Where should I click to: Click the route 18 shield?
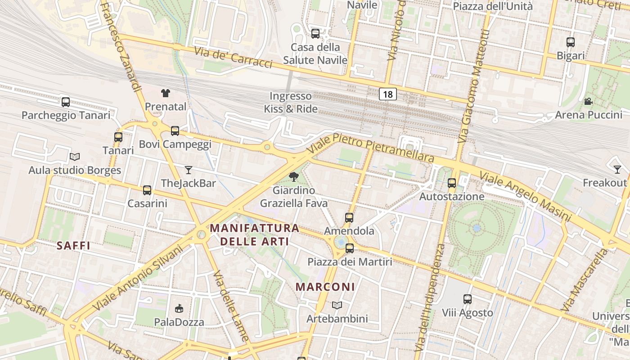[388, 94]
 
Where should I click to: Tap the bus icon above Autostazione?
[452, 183]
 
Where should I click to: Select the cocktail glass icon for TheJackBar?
[189, 170]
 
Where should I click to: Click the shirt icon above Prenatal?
[166, 93]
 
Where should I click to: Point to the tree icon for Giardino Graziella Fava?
[294, 177]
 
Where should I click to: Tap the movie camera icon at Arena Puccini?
[588, 101]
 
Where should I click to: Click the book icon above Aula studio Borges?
[75, 157]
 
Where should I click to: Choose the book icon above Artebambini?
[337, 305]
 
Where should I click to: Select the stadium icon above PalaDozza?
[179, 309]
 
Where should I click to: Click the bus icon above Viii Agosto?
[468, 299]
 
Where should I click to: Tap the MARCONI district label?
[325, 287]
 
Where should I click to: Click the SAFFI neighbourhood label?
[74, 246]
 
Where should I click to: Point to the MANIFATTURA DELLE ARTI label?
[255, 234]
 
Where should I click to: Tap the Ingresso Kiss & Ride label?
[291, 102]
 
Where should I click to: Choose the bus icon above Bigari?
[571, 42]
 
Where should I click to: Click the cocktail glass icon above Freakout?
[617, 170]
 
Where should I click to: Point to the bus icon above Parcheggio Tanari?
[66, 102]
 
